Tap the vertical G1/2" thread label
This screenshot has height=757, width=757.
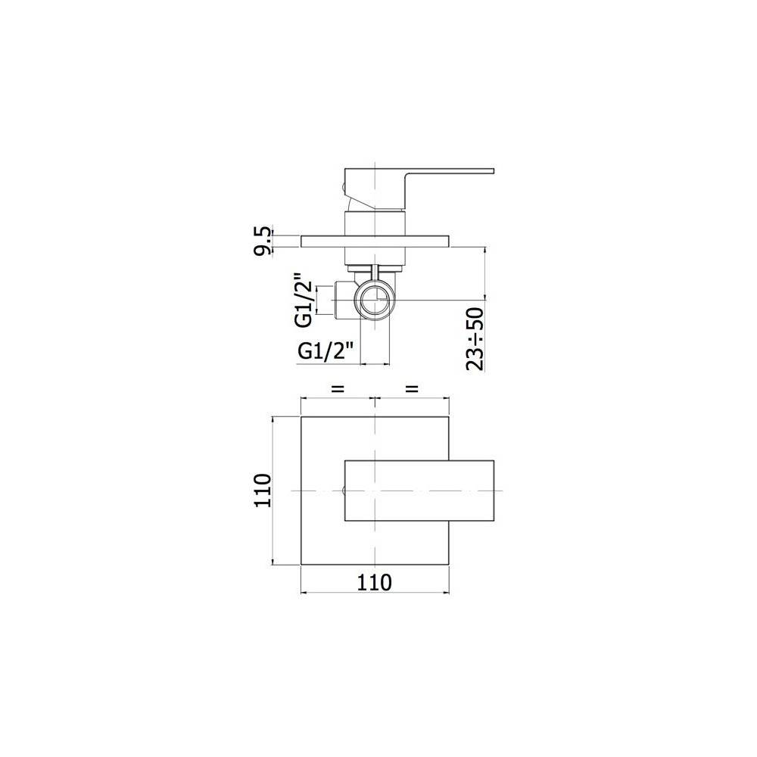[x=303, y=300]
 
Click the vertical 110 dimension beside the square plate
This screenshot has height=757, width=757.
[x=263, y=491]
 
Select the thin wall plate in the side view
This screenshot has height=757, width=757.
[x=375, y=241]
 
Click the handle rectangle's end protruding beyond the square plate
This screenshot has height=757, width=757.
[x=472, y=491]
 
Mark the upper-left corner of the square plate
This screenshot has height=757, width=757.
[x=301, y=416]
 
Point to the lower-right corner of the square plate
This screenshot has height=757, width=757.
[x=450, y=565]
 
